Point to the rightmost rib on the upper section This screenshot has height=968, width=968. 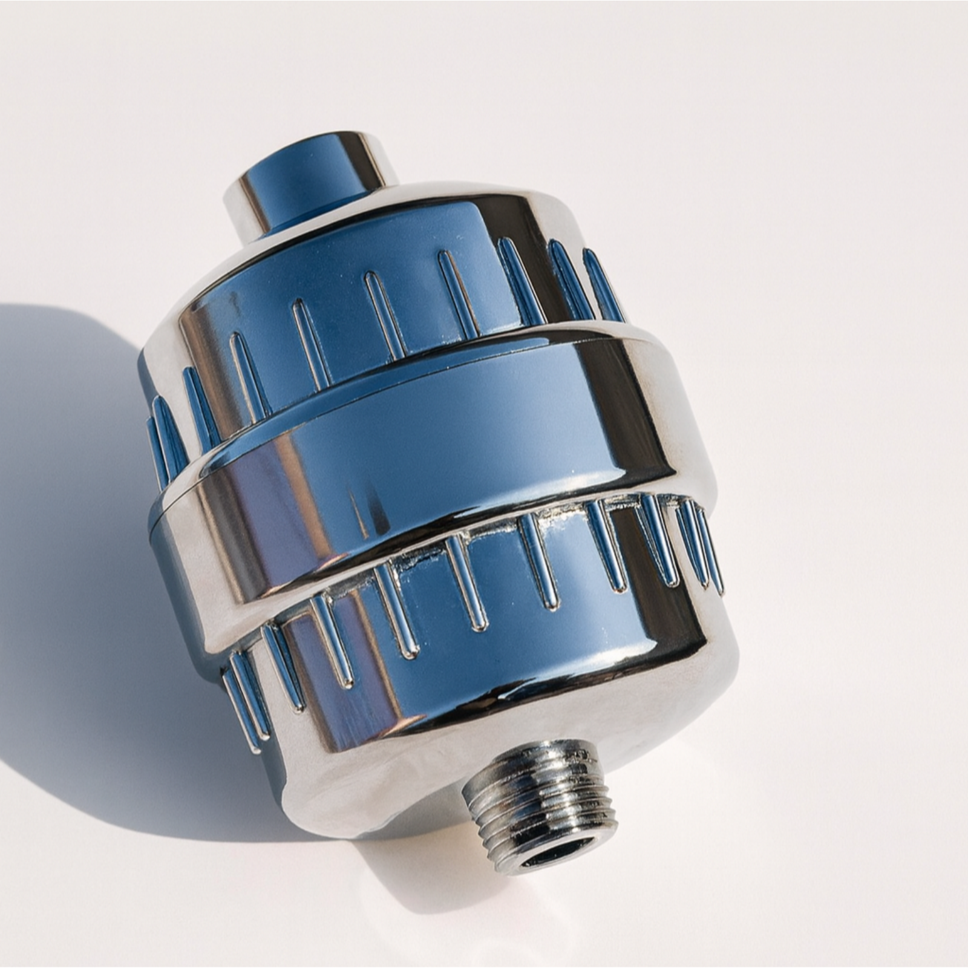[603, 284]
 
